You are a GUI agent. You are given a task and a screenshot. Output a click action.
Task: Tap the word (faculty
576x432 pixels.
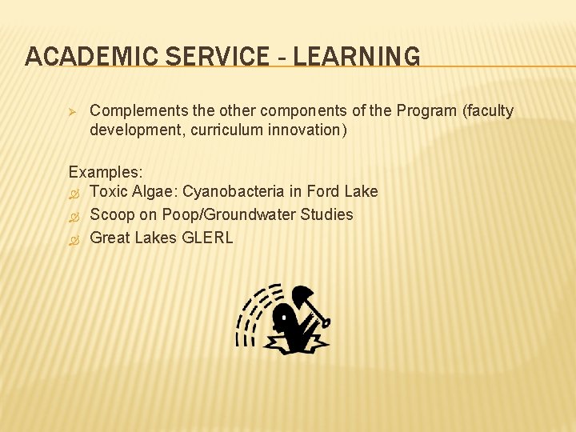pos(488,111)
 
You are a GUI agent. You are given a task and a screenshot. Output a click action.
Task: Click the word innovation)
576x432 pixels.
pos(308,130)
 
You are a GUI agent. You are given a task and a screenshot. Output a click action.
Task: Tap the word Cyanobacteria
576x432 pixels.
pos(233,192)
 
